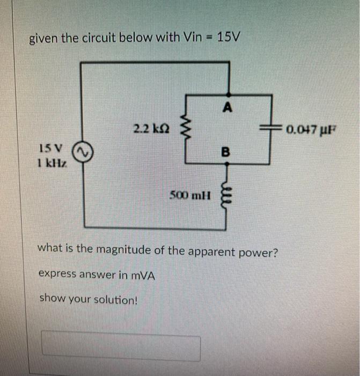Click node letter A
coord(227,107)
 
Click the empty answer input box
coord(121,348)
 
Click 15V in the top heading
coord(230,38)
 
